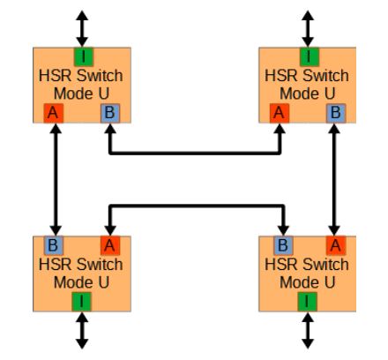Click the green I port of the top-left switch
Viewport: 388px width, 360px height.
click(84, 56)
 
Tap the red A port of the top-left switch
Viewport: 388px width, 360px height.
click(54, 113)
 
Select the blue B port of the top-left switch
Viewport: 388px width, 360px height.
click(110, 113)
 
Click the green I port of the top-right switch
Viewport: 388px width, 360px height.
click(310, 56)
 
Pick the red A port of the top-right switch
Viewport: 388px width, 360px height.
click(280, 113)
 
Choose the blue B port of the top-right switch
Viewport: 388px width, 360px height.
click(336, 113)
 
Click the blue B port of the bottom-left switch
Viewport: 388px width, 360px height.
click(54, 245)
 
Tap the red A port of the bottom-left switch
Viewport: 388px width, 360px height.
click(110, 245)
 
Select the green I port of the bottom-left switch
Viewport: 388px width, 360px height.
click(81, 302)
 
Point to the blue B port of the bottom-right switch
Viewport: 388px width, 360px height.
click(283, 245)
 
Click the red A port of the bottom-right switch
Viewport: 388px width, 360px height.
click(336, 245)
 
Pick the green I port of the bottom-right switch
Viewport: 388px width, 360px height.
click(307, 302)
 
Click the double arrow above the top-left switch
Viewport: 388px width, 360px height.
click(82, 28)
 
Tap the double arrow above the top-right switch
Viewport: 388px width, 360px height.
click(308, 28)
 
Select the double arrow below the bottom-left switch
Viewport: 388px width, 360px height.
click(82, 331)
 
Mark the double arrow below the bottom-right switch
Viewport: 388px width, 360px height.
click(308, 331)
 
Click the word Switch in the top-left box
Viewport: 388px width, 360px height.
click(101, 76)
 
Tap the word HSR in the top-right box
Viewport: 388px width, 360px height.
click(279, 76)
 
